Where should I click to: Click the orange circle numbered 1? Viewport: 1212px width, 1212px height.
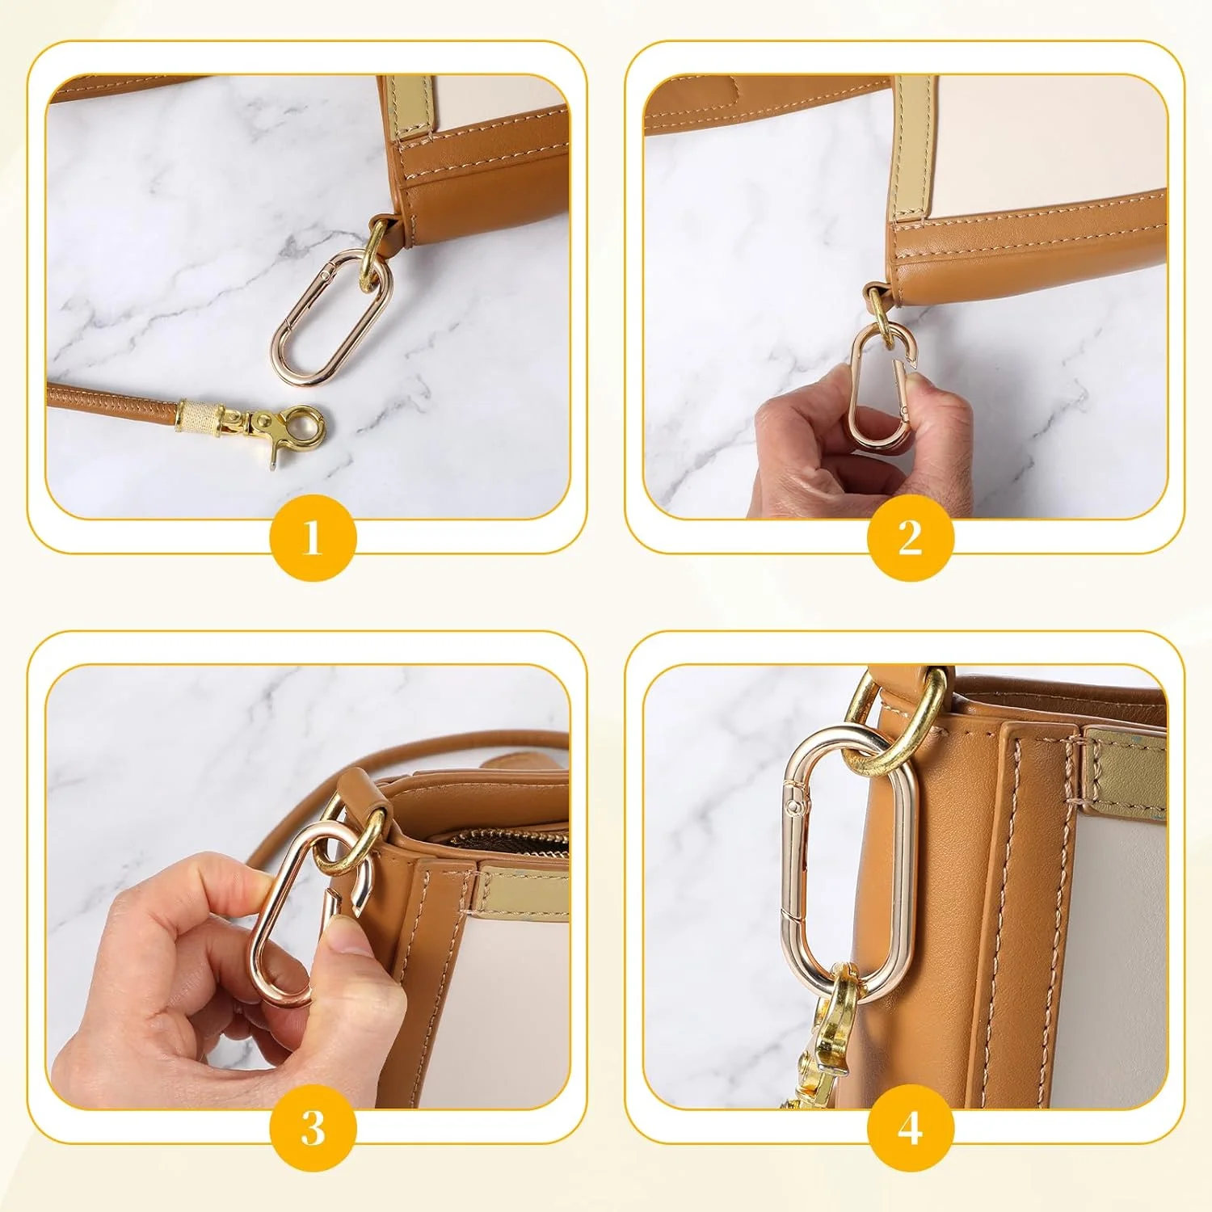[x=313, y=537]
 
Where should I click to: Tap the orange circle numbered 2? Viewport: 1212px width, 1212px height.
[x=911, y=537]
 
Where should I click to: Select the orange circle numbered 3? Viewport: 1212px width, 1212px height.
[x=313, y=1127]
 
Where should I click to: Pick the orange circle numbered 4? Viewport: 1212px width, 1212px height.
[x=911, y=1127]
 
